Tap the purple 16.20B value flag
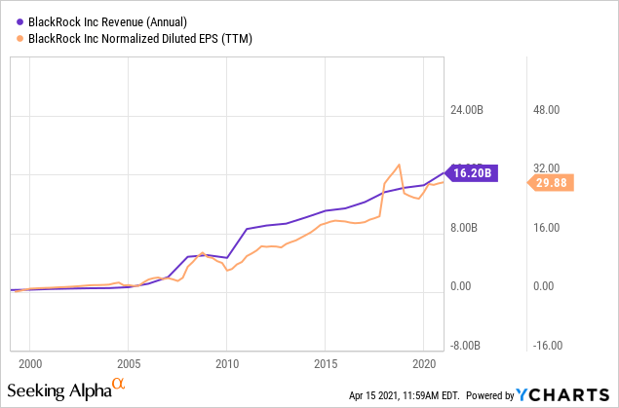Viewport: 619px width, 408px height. (x=475, y=172)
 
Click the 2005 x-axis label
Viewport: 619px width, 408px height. (x=128, y=363)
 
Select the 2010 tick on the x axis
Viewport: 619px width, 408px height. (x=226, y=363)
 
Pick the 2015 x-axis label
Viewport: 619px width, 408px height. (x=325, y=363)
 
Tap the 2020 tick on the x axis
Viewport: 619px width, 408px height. (x=423, y=363)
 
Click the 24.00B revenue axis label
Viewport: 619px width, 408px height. (x=472, y=110)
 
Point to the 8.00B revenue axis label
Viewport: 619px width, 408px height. (x=472, y=229)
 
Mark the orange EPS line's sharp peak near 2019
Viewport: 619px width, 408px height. (x=398, y=165)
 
